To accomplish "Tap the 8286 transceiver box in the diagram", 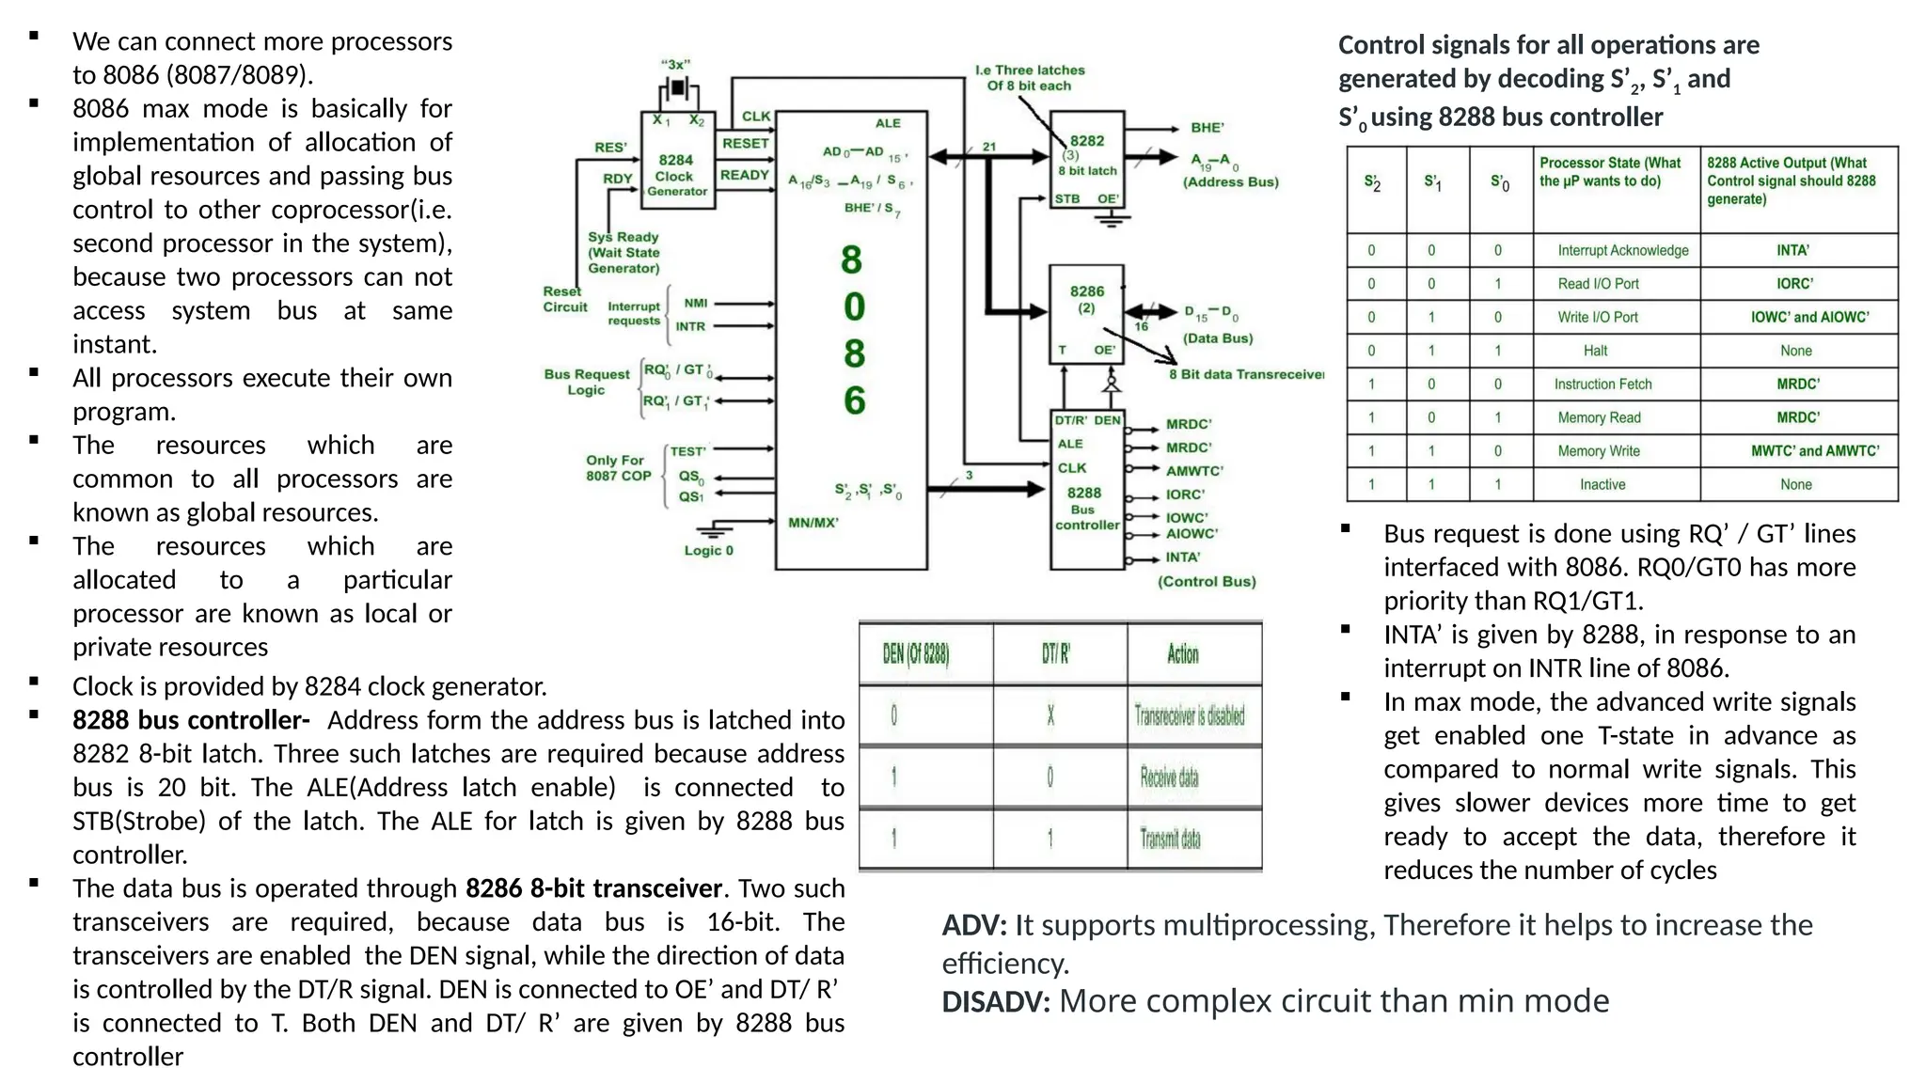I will [1086, 312].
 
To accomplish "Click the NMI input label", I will [696, 303].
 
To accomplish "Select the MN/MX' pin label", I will [813, 523].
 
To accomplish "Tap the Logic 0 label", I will [708, 551].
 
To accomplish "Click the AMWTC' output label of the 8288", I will [1194, 471].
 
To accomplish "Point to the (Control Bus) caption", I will [1207, 582].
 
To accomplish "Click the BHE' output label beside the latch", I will [1207, 128].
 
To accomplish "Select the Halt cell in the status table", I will [1595, 351].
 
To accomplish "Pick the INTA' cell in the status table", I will [1792, 250].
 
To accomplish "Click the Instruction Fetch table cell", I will [1602, 384].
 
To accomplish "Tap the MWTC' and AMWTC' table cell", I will [1814, 451].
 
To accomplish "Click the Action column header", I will [1183, 654].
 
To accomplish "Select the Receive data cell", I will [1169, 777].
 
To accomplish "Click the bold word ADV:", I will [974, 926].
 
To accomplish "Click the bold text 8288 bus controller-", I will [191, 721].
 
